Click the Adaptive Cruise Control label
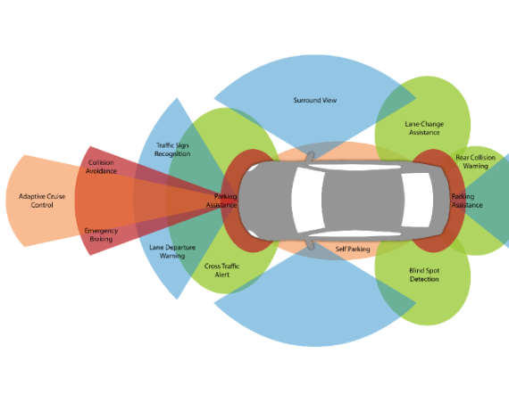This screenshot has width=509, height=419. tap(42, 201)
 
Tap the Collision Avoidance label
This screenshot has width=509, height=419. tap(101, 167)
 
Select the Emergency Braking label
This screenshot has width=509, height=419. tap(101, 235)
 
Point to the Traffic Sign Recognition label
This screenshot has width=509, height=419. tap(172, 150)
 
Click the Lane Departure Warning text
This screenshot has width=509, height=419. tap(172, 251)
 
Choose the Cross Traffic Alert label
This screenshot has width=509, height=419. tap(222, 270)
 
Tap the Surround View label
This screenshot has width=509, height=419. tap(315, 100)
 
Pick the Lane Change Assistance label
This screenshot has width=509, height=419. tap(424, 128)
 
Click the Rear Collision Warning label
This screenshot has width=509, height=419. tap(476, 161)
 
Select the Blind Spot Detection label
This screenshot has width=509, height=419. tap(424, 275)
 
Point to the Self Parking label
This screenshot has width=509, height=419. tap(353, 249)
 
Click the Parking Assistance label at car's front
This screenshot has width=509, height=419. tap(221, 201)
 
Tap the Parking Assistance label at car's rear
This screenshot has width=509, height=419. tap(467, 201)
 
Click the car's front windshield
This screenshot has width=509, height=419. tap(308, 200)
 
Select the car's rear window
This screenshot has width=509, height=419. tap(417, 200)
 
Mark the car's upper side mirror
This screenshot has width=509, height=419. tap(310, 157)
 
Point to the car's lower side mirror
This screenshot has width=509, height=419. tap(310, 243)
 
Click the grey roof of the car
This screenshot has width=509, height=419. tap(363, 200)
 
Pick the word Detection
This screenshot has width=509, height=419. tap(424, 279)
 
